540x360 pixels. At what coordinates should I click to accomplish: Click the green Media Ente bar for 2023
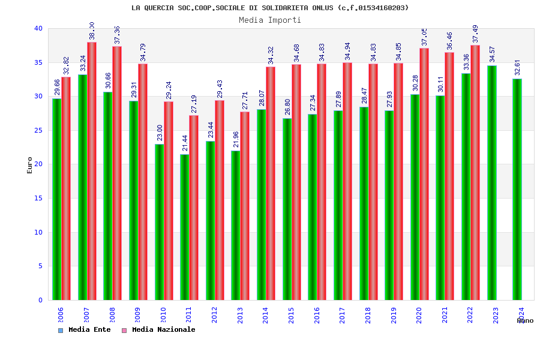click(x=491, y=183)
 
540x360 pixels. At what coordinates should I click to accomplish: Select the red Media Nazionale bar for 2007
click(x=92, y=171)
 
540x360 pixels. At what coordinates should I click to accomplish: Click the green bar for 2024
click(x=517, y=189)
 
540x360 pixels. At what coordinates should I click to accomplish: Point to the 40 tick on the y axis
click(x=38, y=29)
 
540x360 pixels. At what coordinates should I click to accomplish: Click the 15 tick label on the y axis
click(x=38, y=199)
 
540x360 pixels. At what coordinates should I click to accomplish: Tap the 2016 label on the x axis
click(x=317, y=316)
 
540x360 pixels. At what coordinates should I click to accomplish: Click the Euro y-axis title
click(x=30, y=165)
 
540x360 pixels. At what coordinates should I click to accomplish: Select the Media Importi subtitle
click(x=270, y=20)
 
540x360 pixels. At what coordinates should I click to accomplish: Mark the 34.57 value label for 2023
click(x=492, y=54)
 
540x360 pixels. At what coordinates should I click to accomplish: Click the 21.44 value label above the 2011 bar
click(x=185, y=143)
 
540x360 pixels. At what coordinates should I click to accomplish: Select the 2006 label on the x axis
click(x=61, y=316)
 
